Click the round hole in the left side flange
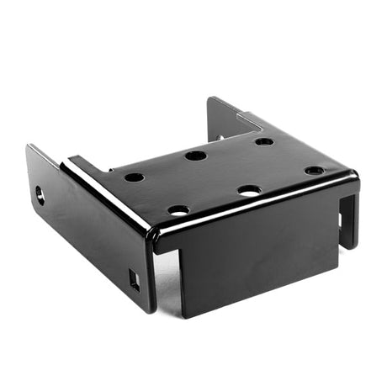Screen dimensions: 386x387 40,197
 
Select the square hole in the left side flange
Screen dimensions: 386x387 134,280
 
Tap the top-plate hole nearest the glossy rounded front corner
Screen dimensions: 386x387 178,210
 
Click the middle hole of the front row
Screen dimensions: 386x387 248,190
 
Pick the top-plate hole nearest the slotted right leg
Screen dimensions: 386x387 314,171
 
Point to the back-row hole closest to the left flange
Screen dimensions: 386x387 134,177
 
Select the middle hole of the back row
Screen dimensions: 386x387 195,156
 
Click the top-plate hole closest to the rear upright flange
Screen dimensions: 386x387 264,141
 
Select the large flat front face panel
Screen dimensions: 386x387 252,265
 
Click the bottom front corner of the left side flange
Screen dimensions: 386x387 149,308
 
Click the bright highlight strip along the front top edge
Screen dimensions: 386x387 252,209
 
